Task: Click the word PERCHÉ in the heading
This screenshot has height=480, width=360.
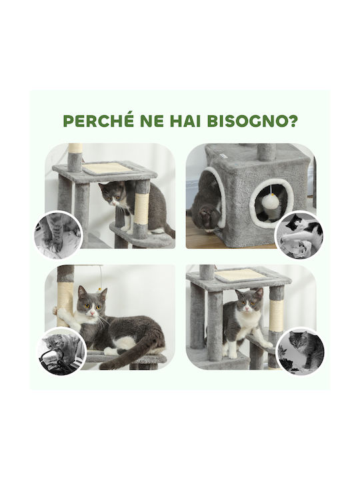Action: pyautogui.click(x=99, y=121)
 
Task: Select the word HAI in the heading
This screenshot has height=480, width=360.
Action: pyautogui.click(x=185, y=121)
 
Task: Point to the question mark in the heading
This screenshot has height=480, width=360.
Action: pyautogui.click(x=293, y=121)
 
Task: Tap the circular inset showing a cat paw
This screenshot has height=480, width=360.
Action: pyautogui.click(x=58, y=234)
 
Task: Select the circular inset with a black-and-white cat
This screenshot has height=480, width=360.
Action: pyautogui.click(x=299, y=235)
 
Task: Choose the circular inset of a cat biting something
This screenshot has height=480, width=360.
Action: pyautogui.click(x=62, y=351)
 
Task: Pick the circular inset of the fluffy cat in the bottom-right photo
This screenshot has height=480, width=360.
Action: pyautogui.click(x=300, y=351)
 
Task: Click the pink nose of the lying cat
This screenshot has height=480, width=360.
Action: pyautogui.click(x=92, y=313)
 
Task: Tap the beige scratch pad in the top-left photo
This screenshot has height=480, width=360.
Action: pyautogui.click(x=107, y=167)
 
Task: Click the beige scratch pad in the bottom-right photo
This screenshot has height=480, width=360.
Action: pyautogui.click(x=241, y=274)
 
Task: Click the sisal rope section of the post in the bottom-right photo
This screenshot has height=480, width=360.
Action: pyautogui.click(x=276, y=316)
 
